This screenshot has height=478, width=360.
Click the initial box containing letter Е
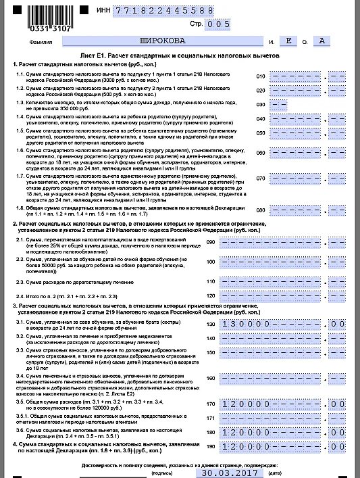click(x=290, y=41)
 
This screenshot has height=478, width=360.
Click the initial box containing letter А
click(x=322, y=41)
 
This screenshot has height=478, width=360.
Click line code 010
click(x=260, y=76)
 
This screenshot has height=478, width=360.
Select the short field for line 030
click(x=278, y=105)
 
